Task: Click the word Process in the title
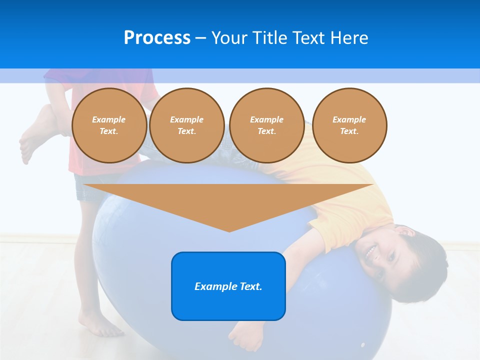point(157,38)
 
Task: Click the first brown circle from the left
point(109,125)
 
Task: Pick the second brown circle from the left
point(186,125)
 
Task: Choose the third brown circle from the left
point(266,125)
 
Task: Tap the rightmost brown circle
point(349,125)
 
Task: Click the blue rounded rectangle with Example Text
point(228,286)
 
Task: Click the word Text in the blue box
point(250,286)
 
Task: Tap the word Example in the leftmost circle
point(108,119)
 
